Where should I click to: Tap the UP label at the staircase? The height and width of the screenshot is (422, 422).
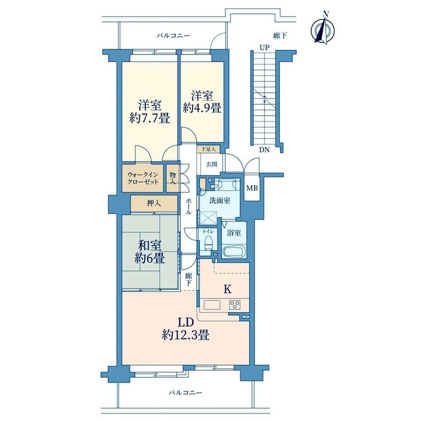[x=265, y=48]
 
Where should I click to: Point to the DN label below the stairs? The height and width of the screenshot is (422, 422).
[x=264, y=150]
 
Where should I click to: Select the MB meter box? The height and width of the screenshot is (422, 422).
[x=252, y=188]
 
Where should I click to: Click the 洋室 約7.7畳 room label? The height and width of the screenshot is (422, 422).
[x=150, y=111]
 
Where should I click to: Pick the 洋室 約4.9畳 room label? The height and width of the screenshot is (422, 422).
[x=202, y=102]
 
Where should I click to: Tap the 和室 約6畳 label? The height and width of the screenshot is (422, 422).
[x=150, y=252]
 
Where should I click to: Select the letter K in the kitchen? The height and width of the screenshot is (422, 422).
[x=228, y=289]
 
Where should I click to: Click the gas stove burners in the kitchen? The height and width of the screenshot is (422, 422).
[x=235, y=305]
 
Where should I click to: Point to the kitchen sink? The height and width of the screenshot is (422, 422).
[x=212, y=305]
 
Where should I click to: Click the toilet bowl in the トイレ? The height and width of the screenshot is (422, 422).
[x=208, y=243]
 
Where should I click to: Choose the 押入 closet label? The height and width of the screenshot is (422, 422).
[x=154, y=203]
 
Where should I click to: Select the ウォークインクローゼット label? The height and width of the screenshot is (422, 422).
[x=143, y=178]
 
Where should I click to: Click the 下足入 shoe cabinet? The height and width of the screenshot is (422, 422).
[x=208, y=149]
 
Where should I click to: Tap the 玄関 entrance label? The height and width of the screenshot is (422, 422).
[x=211, y=164]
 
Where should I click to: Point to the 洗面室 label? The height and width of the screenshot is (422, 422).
[x=220, y=200]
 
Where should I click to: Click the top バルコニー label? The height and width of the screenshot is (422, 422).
[x=173, y=35]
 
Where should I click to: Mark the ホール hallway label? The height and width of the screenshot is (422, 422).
[x=189, y=206]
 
